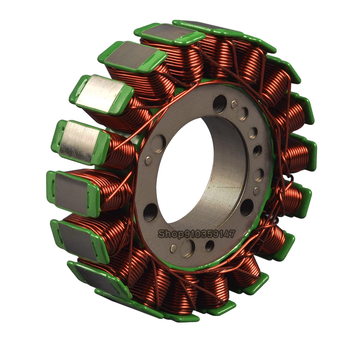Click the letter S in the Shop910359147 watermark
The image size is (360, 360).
(x=162, y=234)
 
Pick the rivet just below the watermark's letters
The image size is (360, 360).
(x=173, y=248)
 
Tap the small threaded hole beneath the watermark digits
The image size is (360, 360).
(x=210, y=245)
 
